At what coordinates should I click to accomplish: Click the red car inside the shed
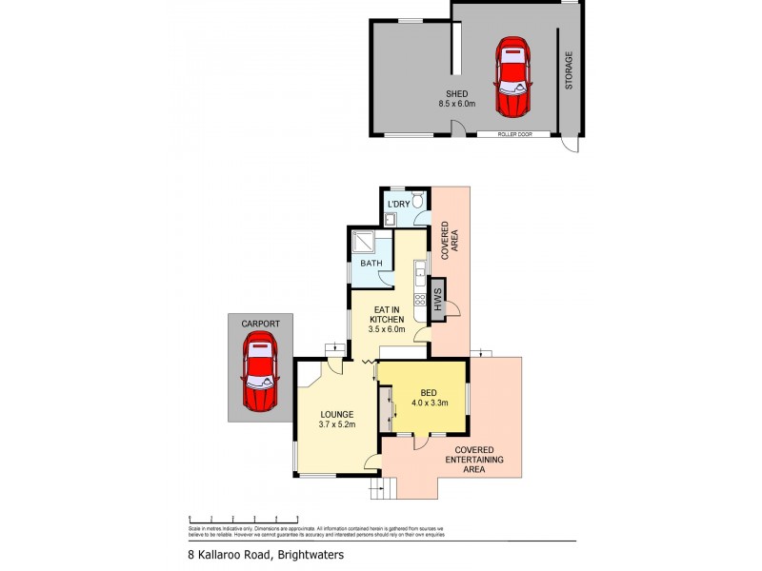(x=511, y=75)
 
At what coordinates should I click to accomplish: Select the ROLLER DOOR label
(x=514, y=135)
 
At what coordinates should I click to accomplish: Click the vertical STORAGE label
(x=569, y=71)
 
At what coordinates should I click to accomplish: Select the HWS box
(x=439, y=303)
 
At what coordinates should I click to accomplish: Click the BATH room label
(x=370, y=265)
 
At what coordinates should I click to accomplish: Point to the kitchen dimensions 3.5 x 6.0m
(x=388, y=329)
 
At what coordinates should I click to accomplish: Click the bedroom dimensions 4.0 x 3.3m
(x=428, y=402)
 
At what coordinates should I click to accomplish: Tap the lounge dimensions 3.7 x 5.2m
(x=337, y=425)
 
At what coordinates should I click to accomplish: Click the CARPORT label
(x=259, y=324)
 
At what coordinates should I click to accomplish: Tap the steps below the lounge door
(x=381, y=490)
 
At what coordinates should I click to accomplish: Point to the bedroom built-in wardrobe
(x=385, y=409)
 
